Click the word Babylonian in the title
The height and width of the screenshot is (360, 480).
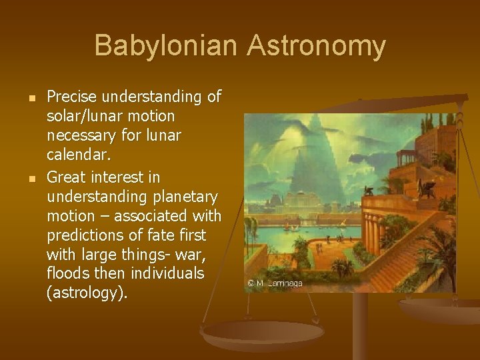(166, 46)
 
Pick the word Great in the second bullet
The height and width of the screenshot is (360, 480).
(66, 177)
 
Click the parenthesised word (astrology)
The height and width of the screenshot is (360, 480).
(86, 293)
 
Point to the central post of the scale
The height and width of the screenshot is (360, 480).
(360, 320)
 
